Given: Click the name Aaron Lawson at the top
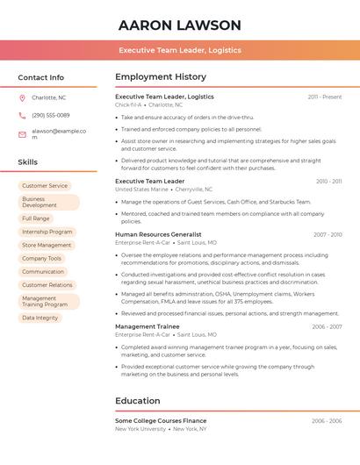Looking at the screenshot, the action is click(x=179, y=25).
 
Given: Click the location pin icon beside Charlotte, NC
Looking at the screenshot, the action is click(x=22, y=98).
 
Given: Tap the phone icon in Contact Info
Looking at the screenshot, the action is click(x=22, y=116).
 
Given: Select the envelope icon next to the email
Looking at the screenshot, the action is click(x=22, y=134).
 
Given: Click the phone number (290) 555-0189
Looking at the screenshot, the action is click(x=50, y=116).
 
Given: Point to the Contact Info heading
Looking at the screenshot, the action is click(x=40, y=77).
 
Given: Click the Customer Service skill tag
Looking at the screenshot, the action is click(x=45, y=186).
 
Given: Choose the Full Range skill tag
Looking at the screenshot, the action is click(x=36, y=218).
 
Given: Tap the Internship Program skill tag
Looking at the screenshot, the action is click(x=47, y=232).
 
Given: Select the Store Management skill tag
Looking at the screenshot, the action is click(x=47, y=246).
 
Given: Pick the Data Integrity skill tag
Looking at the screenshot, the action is click(x=40, y=318).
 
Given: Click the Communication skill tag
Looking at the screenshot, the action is click(x=43, y=272).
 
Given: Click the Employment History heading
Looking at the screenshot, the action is click(x=161, y=77).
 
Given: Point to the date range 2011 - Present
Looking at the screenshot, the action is click(x=324, y=97).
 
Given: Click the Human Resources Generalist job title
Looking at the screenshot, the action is click(x=158, y=235).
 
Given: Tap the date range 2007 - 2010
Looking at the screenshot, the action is click(x=327, y=235).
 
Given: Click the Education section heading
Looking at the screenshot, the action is click(x=138, y=401).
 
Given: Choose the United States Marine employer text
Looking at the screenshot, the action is click(x=140, y=190).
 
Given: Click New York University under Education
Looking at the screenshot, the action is click(x=140, y=429).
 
